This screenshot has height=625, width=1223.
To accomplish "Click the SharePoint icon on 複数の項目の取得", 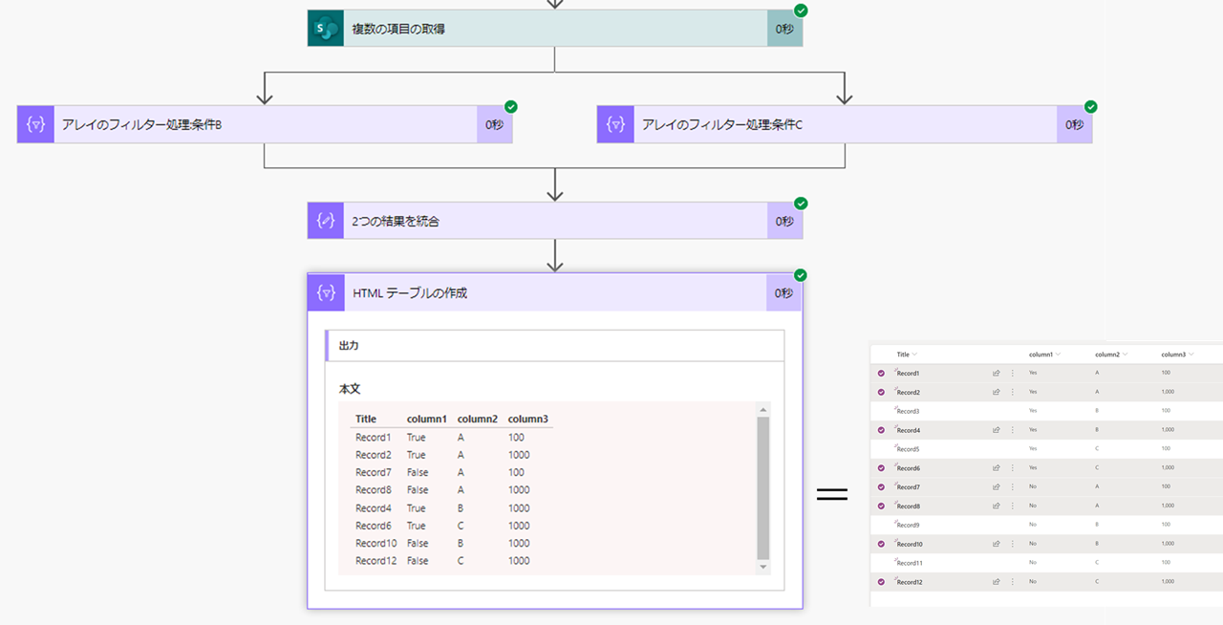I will [326, 29].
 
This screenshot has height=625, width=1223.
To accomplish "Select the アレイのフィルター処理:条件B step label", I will [142, 124].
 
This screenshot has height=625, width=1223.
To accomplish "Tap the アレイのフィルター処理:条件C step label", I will [721, 124].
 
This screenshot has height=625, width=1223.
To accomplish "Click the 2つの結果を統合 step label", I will [396, 221].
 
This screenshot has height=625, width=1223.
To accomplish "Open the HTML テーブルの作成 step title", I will [410, 293].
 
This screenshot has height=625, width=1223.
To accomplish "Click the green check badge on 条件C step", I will [1090, 107].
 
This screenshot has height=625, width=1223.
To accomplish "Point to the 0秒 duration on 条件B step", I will [494, 124].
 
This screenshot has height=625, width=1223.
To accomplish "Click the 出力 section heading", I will [349, 345].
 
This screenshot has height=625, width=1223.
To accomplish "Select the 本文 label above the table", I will [350, 389].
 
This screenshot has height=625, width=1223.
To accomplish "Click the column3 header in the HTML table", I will [527, 419].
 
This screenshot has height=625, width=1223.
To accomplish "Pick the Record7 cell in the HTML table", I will [374, 472].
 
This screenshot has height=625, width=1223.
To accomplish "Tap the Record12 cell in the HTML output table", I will [375, 561].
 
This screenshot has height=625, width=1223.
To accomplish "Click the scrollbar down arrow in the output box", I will [762, 567].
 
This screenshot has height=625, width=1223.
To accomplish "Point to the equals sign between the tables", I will [832, 495].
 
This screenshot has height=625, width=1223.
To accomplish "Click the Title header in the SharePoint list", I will [903, 355].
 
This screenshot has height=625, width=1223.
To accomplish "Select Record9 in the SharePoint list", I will [909, 525].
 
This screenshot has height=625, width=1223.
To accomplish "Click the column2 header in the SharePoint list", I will [1107, 355].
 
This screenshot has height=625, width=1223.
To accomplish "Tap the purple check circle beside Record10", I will [881, 544].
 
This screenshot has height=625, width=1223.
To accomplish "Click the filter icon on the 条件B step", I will [35, 124].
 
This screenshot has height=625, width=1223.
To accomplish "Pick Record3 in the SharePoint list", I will [908, 411].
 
